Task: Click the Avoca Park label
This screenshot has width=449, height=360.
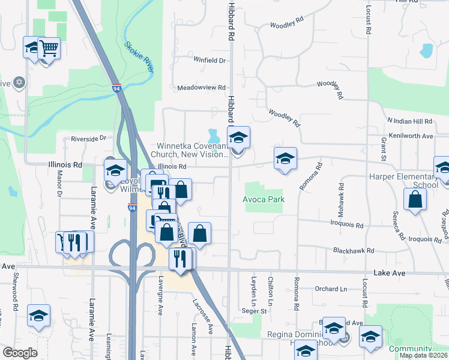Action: point(262,199)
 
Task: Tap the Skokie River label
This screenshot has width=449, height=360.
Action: point(139,56)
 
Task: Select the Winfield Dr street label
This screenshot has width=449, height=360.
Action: point(209,61)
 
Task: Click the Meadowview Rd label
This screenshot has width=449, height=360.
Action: point(200,88)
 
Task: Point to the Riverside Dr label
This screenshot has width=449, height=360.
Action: point(88,138)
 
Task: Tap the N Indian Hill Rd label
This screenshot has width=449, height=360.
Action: point(409,121)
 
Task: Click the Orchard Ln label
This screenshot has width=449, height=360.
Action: point(331,289)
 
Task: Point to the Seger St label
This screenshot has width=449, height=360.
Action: point(254,311)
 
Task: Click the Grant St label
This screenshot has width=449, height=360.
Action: point(383,145)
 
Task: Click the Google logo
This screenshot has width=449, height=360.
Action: point(20,353)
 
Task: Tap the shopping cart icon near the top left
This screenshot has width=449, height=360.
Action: point(49,47)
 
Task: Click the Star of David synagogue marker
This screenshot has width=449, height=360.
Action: point(19,82)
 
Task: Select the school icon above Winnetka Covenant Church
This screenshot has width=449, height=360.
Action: point(238,137)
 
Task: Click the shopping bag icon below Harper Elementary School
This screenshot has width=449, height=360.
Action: point(415,199)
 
